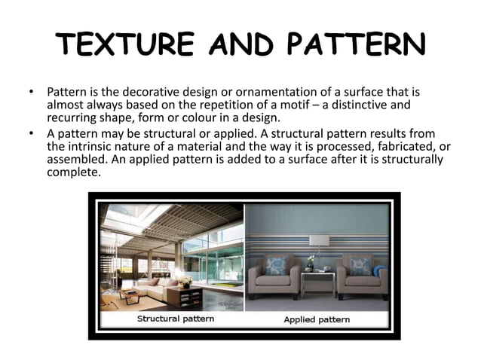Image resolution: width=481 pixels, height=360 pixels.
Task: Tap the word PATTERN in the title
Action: point(354,46)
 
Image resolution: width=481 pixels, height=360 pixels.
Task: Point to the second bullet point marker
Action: point(31,133)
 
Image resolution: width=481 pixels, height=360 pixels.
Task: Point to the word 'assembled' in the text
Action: point(75,160)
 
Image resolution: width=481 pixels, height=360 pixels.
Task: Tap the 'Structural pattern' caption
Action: point(175,319)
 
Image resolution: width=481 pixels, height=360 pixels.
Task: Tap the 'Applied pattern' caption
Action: point(316,319)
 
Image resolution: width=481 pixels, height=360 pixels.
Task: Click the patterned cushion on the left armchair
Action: point(275,266)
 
